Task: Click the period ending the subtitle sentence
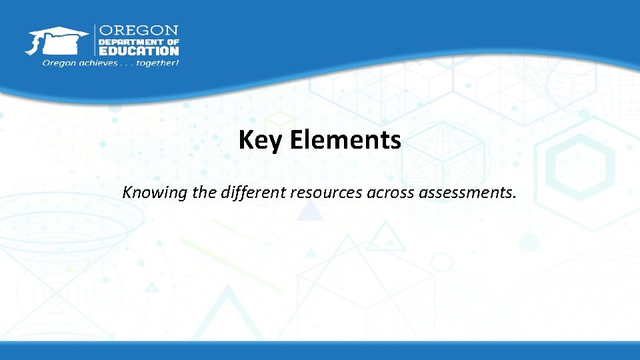514,199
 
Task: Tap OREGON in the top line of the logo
139,31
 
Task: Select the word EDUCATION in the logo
139,51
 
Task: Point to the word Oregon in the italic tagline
59,63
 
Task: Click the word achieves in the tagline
97,63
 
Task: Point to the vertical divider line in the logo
95,41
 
